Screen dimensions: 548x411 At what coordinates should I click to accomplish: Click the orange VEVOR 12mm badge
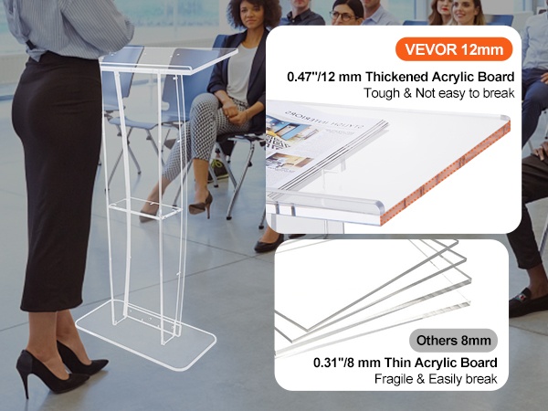click(x=454, y=49)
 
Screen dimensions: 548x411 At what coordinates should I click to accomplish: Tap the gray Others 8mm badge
click(x=453, y=340)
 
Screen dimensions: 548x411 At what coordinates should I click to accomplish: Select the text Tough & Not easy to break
click(x=439, y=93)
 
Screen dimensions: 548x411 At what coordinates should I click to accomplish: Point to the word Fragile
click(x=393, y=379)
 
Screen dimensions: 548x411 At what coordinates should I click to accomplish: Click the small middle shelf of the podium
click(x=145, y=207)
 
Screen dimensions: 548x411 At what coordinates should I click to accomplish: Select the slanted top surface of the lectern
click(x=168, y=58)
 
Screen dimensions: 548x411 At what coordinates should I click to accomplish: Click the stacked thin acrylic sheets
click(x=373, y=293)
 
